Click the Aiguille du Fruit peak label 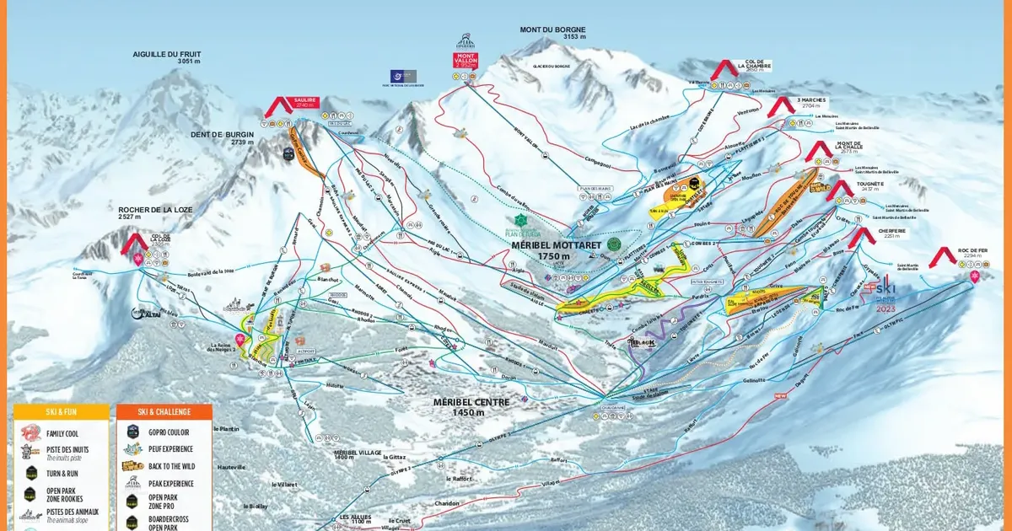[x=166, y=57]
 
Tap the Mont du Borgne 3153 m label [x=552, y=33]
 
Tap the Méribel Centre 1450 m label [x=471, y=406]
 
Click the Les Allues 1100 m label [x=355, y=518]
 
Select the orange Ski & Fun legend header [x=62, y=411]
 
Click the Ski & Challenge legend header [x=164, y=411]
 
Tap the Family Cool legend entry [x=60, y=432]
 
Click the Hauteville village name [x=231, y=466]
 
